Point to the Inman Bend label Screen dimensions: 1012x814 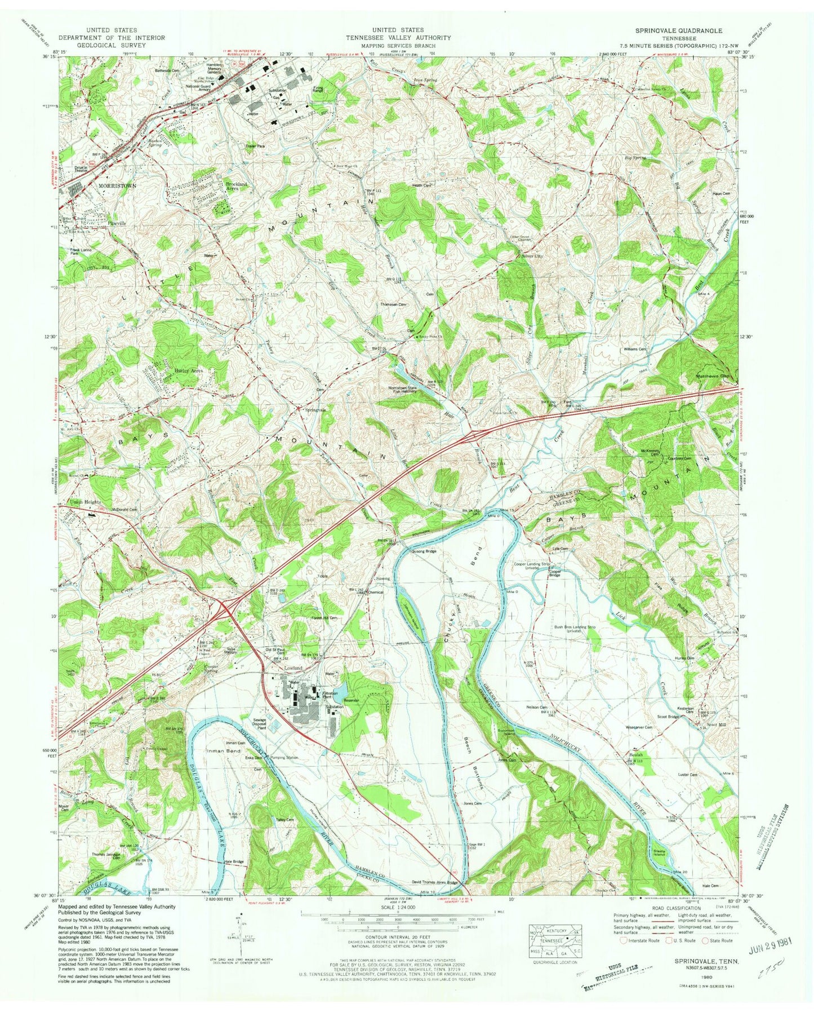(x=225, y=751)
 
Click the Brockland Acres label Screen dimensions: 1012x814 (x=240, y=186)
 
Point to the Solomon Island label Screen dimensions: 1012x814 (x=504, y=732)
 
